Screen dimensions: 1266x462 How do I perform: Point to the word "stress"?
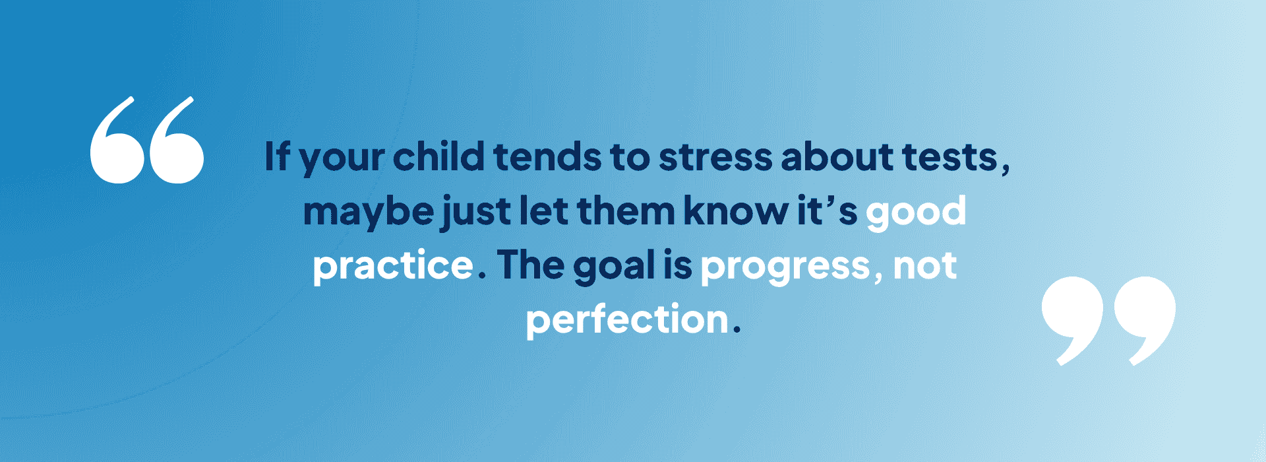tap(715, 158)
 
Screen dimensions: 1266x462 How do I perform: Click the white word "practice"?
tap(393, 266)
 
